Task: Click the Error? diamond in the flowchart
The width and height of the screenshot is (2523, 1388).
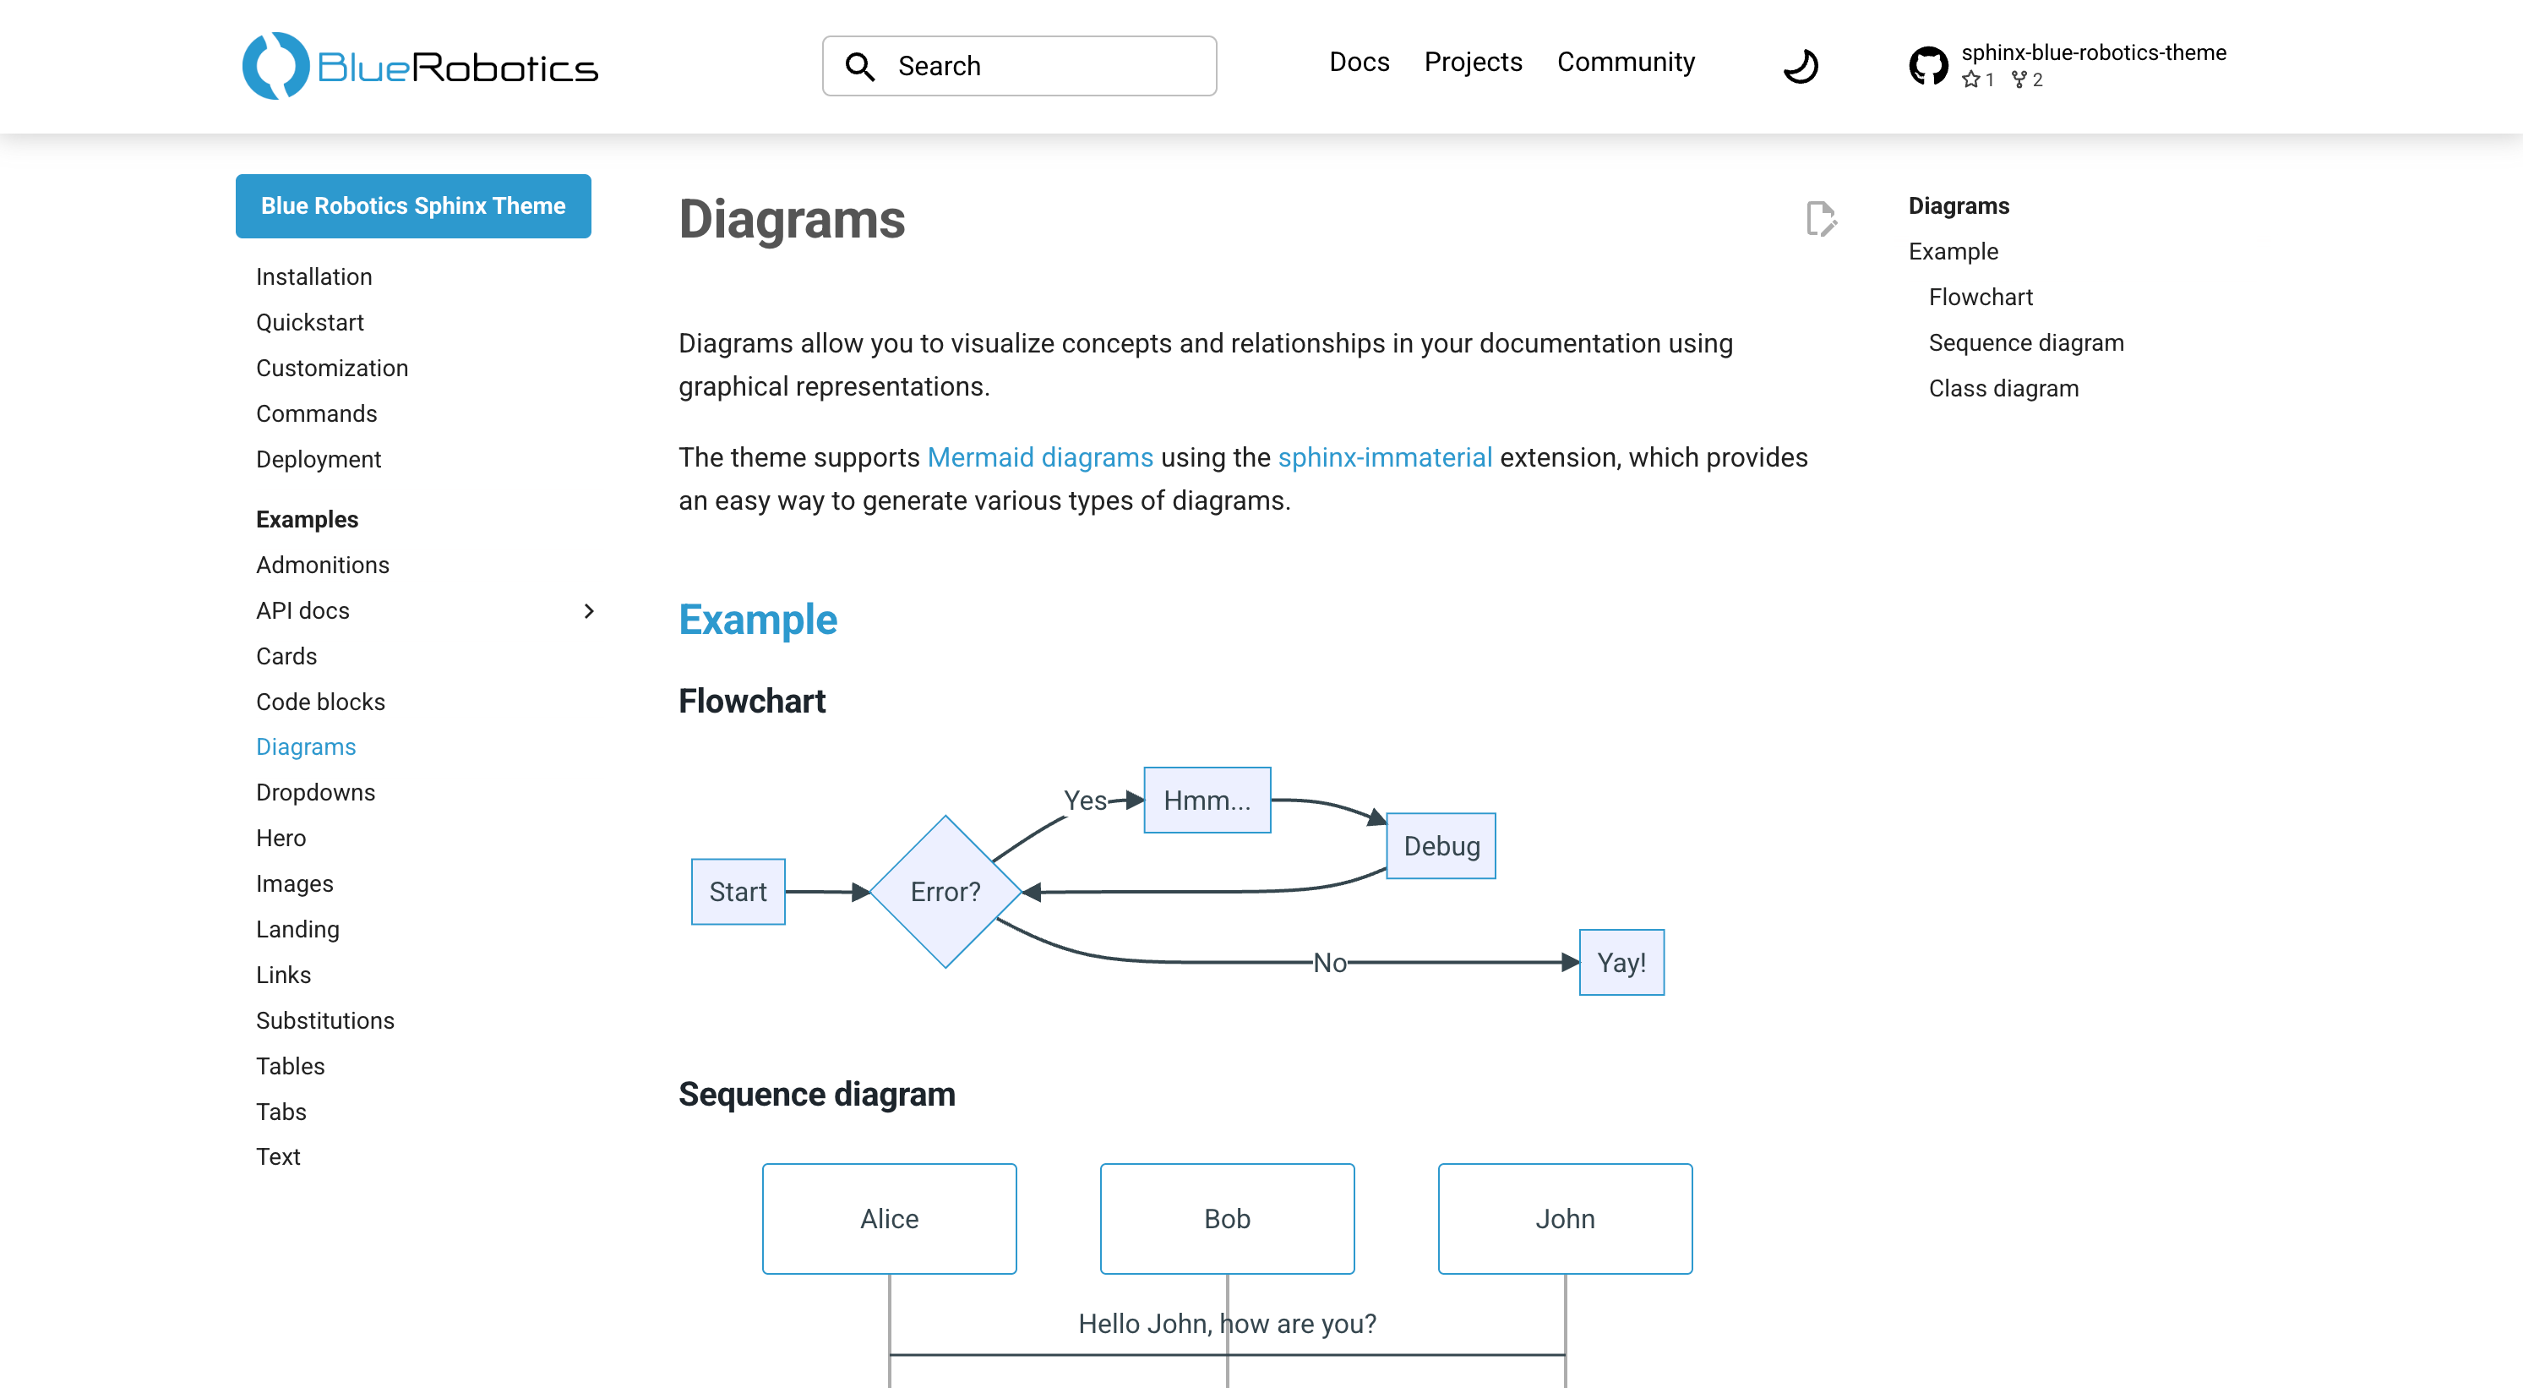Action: coord(945,891)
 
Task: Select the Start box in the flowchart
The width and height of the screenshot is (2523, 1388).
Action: coord(738,891)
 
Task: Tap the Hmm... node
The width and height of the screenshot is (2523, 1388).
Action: coord(1207,801)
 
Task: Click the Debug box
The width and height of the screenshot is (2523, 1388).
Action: coord(1441,845)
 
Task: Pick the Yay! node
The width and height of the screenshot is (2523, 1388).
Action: coord(1621,962)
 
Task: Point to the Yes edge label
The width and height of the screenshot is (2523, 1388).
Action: coord(1085,801)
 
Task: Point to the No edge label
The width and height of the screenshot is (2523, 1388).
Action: coord(1329,963)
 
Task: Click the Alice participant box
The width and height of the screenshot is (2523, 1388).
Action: coord(890,1219)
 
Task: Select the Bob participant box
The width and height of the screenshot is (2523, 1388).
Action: coord(1227,1219)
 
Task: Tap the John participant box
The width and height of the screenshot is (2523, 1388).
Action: coord(1565,1219)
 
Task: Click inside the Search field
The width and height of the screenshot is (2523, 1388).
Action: coord(1020,66)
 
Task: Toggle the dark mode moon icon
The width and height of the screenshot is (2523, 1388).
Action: coord(1801,66)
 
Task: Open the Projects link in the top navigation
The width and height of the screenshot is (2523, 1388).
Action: coord(1473,62)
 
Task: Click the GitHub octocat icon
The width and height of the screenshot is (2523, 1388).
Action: coord(1928,66)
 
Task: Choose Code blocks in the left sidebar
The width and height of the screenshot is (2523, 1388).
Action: coord(320,702)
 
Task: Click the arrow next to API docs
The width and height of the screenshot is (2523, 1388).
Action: coord(589,611)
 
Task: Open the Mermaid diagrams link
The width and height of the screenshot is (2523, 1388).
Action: coord(1040,457)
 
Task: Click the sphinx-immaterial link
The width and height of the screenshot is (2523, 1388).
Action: coord(1385,457)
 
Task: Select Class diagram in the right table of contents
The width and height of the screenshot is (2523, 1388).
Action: coord(2003,389)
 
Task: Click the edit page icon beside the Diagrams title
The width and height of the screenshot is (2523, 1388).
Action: coord(1821,218)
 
